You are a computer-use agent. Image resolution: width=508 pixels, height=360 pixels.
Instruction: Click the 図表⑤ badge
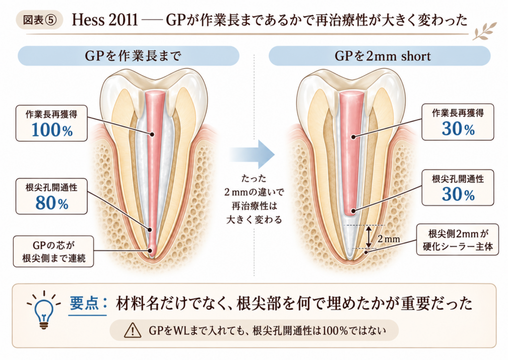(39, 20)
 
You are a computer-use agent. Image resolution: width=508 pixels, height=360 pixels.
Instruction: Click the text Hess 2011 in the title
(105, 20)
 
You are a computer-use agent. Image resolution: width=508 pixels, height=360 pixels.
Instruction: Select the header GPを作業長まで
(128, 56)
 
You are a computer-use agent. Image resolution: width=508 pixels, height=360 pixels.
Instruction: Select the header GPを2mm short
(380, 56)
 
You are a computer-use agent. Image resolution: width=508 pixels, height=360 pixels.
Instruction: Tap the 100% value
(52, 130)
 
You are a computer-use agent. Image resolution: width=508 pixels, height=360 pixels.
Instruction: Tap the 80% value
(52, 204)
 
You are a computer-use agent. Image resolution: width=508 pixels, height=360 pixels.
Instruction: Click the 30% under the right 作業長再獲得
(458, 129)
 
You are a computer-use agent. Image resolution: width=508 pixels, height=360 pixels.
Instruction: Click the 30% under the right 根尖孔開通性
(458, 194)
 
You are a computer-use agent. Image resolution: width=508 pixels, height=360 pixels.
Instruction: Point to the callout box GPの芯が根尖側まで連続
(54, 251)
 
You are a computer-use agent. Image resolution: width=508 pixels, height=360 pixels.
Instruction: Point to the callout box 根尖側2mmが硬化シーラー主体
(457, 239)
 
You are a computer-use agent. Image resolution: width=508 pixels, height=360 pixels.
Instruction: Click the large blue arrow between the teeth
(252, 154)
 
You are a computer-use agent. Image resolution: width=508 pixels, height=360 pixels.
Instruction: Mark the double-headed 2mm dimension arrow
(369, 237)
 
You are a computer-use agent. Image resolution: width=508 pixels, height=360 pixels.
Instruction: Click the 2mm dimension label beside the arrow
(388, 239)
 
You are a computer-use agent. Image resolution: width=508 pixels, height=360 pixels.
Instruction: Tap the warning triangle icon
(132, 331)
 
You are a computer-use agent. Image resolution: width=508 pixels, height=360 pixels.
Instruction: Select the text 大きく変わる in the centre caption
(254, 219)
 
